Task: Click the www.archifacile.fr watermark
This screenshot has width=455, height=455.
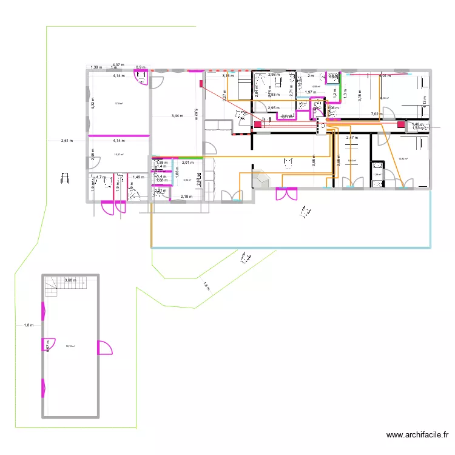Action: pos(418,435)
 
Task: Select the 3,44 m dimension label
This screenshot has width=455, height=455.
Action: pos(178,115)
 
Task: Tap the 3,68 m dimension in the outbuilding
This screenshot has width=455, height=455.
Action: pos(70,280)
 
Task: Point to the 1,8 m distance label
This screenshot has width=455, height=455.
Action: pos(28,325)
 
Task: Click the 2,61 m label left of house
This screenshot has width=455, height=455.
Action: pos(67,141)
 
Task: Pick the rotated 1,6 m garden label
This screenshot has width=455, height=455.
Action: pos(206,285)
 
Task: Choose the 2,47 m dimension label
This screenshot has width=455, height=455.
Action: pos(352,138)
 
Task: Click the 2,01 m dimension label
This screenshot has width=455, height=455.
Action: pos(187,163)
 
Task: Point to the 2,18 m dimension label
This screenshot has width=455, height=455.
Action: pos(186,197)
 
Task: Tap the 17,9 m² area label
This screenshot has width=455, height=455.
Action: pos(119,104)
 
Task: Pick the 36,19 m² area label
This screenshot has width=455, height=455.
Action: pos(70,346)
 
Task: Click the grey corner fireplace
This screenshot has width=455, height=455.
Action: pos(262,179)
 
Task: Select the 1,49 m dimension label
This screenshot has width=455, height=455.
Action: pos(138,177)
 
